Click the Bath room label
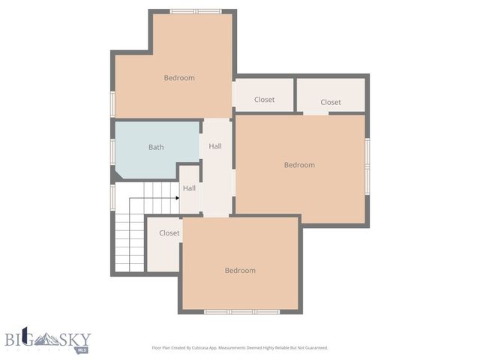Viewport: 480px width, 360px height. pos(156,147)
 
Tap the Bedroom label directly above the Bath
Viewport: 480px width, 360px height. pos(179,78)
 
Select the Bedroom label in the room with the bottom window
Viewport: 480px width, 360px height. pos(240,270)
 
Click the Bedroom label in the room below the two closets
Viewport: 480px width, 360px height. pos(299,165)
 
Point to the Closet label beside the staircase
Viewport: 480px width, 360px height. pos(169,233)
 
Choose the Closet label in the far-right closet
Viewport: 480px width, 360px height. pos(331,102)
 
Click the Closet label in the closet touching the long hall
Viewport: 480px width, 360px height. pos(264,100)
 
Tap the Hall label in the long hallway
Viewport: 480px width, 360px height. pos(215,146)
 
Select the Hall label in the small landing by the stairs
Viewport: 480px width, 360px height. pos(190,188)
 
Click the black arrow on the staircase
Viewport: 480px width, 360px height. pos(176,198)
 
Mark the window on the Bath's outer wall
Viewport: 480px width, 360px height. pos(112,150)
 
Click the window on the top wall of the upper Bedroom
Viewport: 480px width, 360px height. pos(195,11)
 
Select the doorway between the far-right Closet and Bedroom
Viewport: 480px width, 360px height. pos(316,113)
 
